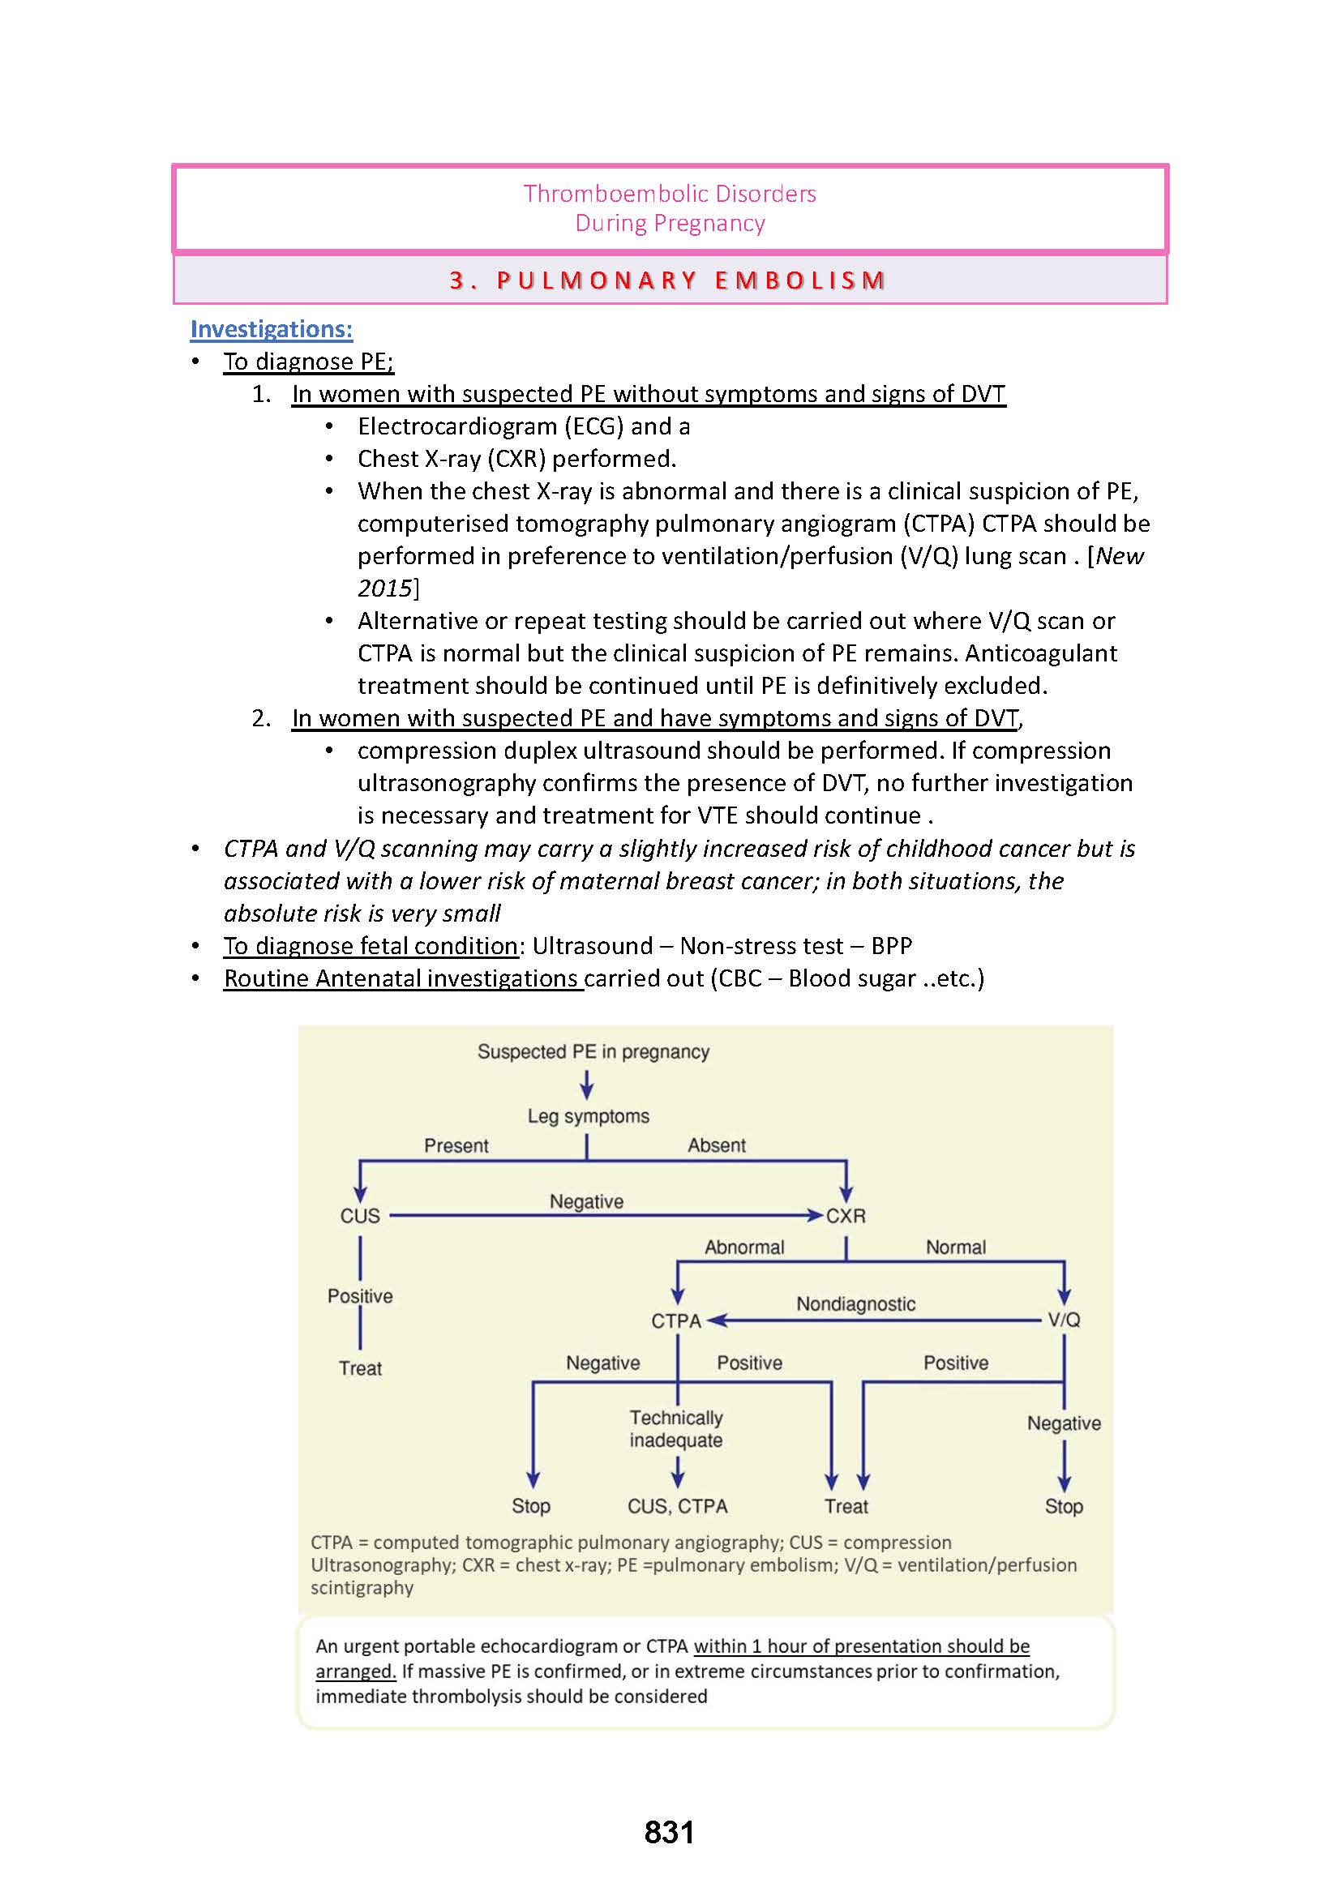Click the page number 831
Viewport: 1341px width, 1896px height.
pos(669,1832)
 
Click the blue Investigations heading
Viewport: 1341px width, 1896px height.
pos(271,328)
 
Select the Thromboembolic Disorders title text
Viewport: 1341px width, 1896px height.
pos(670,193)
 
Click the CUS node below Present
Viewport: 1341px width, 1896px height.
pos(360,1216)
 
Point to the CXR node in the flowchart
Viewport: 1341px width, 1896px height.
pos(846,1216)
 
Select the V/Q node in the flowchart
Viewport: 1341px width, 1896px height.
pos(1064,1320)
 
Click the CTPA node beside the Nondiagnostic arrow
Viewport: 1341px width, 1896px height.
pos(676,1321)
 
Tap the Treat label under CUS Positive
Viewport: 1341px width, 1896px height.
pos(360,1368)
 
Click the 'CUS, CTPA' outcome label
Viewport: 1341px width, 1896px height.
pos(677,1506)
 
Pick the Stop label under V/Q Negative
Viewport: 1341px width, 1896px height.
pos(1064,1506)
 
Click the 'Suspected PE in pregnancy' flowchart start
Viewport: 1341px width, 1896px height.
pos(593,1052)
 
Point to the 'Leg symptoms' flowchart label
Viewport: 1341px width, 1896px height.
pos(588,1116)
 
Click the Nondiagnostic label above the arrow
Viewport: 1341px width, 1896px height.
pos(855,1304)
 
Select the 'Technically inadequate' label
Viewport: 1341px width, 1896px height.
pos(676,1429)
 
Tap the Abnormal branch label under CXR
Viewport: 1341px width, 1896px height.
pos(744,1247)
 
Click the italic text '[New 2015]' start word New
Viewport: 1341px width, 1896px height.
pos(1120,556)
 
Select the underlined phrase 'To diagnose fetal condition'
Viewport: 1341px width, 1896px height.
pos(370,945)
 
